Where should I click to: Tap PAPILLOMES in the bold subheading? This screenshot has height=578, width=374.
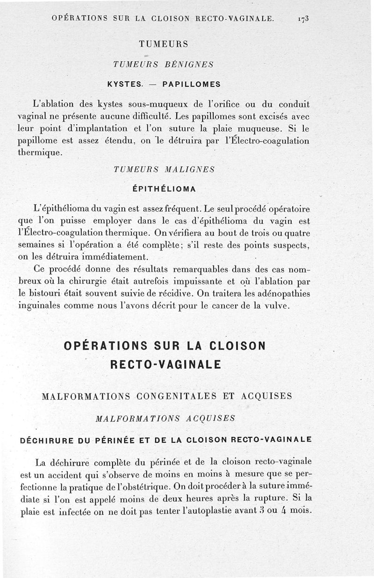point(191,85)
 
